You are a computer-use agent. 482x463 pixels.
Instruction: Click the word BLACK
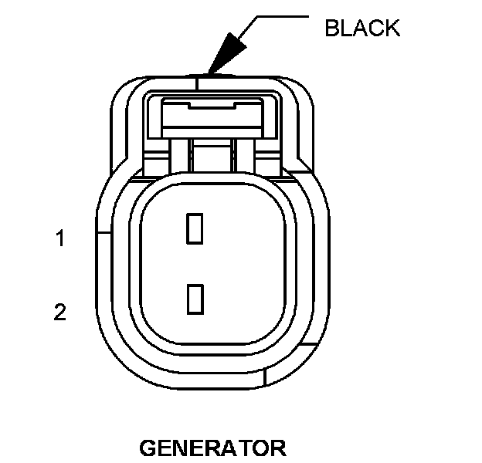click(362, 29)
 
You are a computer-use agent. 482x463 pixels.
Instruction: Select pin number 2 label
click(59, 313)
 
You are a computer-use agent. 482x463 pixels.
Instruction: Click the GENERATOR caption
click(212, 448)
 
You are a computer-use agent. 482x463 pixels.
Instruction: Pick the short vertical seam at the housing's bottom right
click(265, 376)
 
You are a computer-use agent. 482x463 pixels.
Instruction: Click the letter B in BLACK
click(331, 29)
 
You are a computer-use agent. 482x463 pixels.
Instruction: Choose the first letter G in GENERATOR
click(148, 448)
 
